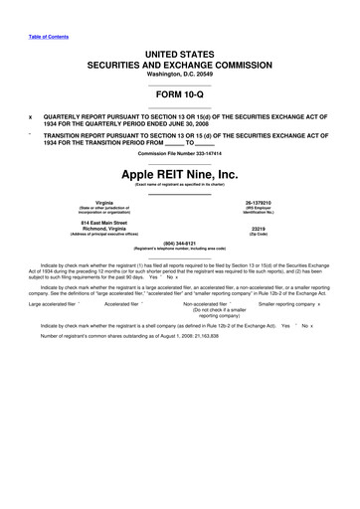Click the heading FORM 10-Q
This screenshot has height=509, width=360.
point(179,95)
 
